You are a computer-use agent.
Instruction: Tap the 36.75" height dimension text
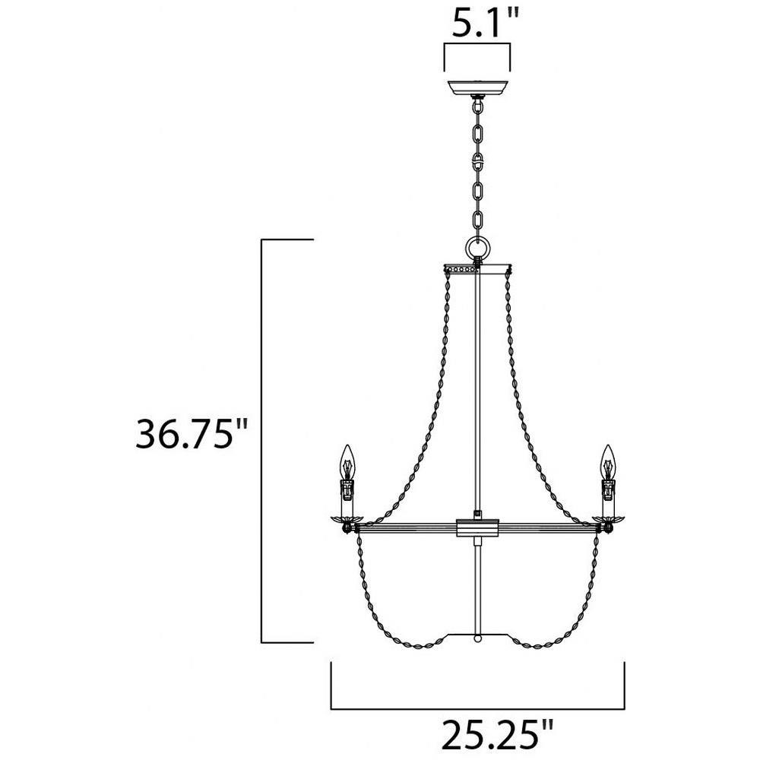coord(192,433)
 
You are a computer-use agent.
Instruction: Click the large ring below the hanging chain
coord(478,249)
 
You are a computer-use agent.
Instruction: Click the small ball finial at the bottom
coord(478,638)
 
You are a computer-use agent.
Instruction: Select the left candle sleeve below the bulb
coord(347,499)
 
